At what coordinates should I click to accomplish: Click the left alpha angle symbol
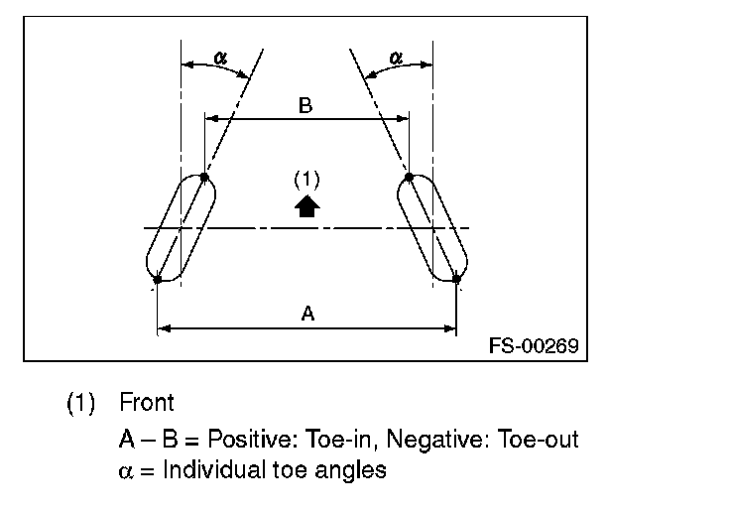[x=220, y=59]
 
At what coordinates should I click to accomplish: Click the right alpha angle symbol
[x=396, y=59]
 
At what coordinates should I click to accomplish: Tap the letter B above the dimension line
[x=305, y=106]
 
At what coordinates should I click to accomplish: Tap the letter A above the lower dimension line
[x=307, y=314]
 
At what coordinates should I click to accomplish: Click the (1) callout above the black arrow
[x=307, y=180]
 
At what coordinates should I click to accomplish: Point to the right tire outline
[x=432, y=228]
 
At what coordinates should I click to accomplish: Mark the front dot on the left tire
[x=203, y=178]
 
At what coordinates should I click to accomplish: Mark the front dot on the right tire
[x=409, y=178]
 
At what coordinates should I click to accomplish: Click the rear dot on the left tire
[x=158, y=280]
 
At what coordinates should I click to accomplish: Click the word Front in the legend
[x=147, y=403]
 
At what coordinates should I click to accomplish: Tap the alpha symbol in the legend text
[x=123, y=470]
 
